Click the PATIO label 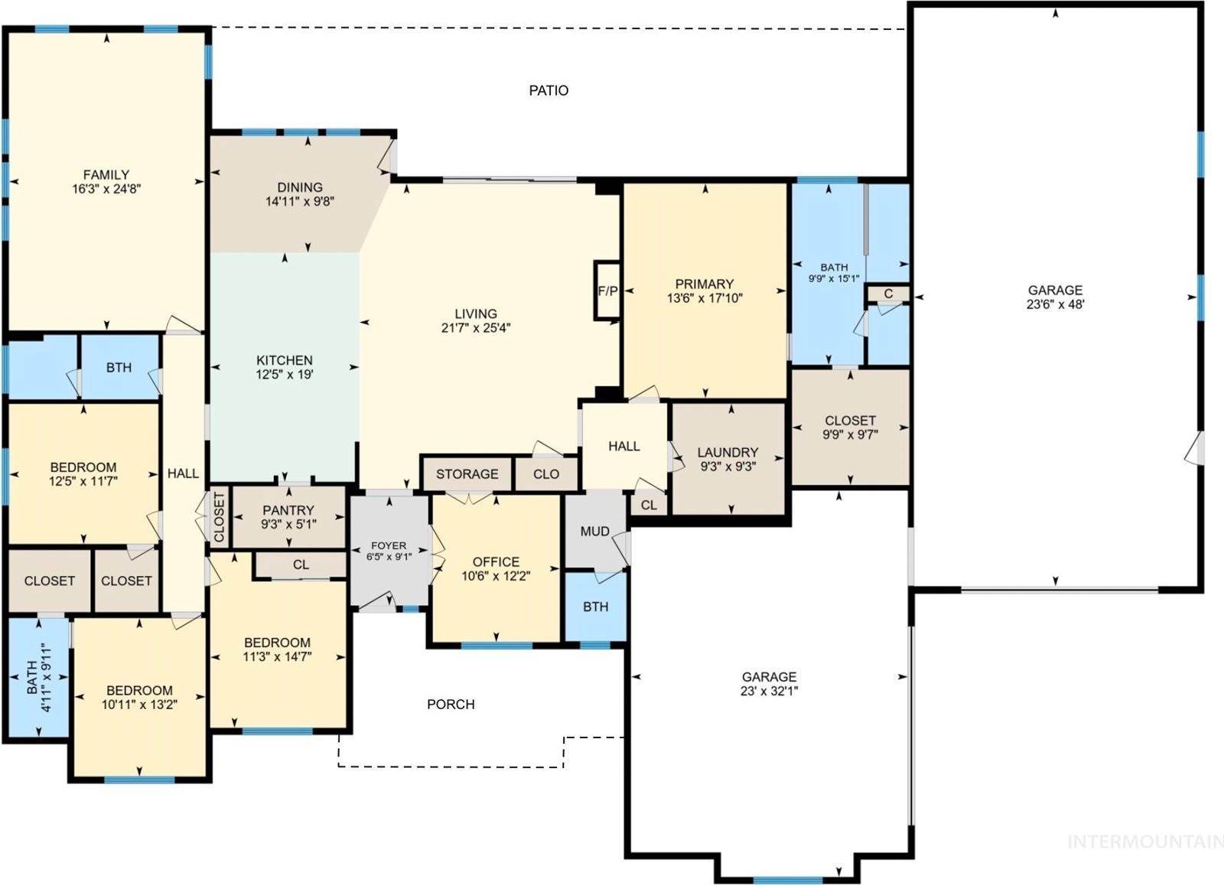pyautogui.click(x=549, y=91)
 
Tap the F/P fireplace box pyautogui.click(x=607, y=291)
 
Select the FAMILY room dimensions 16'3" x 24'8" pyautogui.click(x=106, y=189)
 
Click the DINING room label pyautogui.click(x=300, y=187)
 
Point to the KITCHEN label pyautogui.click(x=284, y=360)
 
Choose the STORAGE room pyautogui.click(x=467, y=474)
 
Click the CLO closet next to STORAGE pyautogui.click(x=546, y=474)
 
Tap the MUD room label pyautogui.click(x=594, y=532)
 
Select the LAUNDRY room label pyautogui.click(x=728, y=453)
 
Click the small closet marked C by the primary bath pyautogui.click(x=888, y=294)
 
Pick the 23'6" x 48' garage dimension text pyautogui.click(x=1055, y=304)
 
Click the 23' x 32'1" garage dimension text pyautogui.click(x=769, y=691)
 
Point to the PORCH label pyautogui.click(x=451, y=704)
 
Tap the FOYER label pyautogui.click(x=389, y=545)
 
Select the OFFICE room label pyautogui.click(x=496, y=561)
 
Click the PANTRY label pyautogui.click(x=288, y=510)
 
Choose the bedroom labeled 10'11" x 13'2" pyautogui.click(x=139, y=698)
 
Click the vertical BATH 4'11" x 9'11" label pyautogui.click(x=37, y=678)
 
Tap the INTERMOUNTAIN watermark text pyautogui.click(x=1144, y=842)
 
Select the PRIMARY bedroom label pyautogui.click(x=704, y=284)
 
